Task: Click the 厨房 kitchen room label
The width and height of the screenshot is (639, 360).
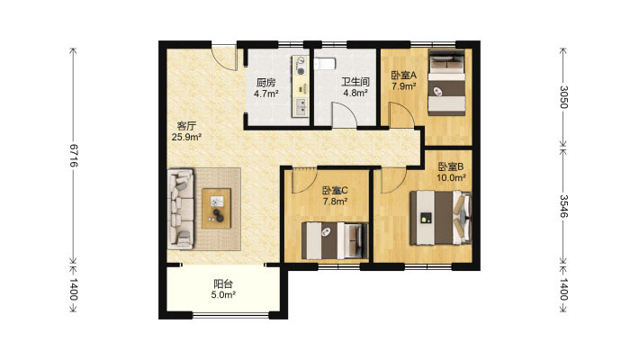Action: coord(265,83)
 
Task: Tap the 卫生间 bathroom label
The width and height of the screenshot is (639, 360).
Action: coord(355,82)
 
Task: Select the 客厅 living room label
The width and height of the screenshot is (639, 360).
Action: coord(186,126)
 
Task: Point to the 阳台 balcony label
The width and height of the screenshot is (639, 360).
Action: coord(223,283)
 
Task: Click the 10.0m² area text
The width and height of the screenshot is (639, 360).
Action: coord(451,178)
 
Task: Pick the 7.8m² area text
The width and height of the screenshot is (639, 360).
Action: coord(335,201)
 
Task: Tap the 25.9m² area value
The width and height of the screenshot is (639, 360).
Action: coord(186,137)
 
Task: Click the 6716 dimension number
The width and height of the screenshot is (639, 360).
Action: coord(74,155)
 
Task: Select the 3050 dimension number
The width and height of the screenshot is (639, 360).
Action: coord(563,97)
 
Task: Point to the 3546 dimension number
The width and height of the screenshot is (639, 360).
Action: coord(563,206)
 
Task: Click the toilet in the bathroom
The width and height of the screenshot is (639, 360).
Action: coord(325,64)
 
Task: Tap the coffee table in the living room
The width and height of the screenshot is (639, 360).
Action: coord(216,208)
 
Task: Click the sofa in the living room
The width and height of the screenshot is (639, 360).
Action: coord(181,209)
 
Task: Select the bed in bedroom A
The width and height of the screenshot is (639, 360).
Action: coord(446,82)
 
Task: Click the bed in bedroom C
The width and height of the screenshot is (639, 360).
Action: coord(335,240)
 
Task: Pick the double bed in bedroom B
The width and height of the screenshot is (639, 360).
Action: coord(440,218)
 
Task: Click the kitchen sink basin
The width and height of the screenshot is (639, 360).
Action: coord(301,106)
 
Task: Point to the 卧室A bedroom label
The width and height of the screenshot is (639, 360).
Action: coord(404,76)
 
